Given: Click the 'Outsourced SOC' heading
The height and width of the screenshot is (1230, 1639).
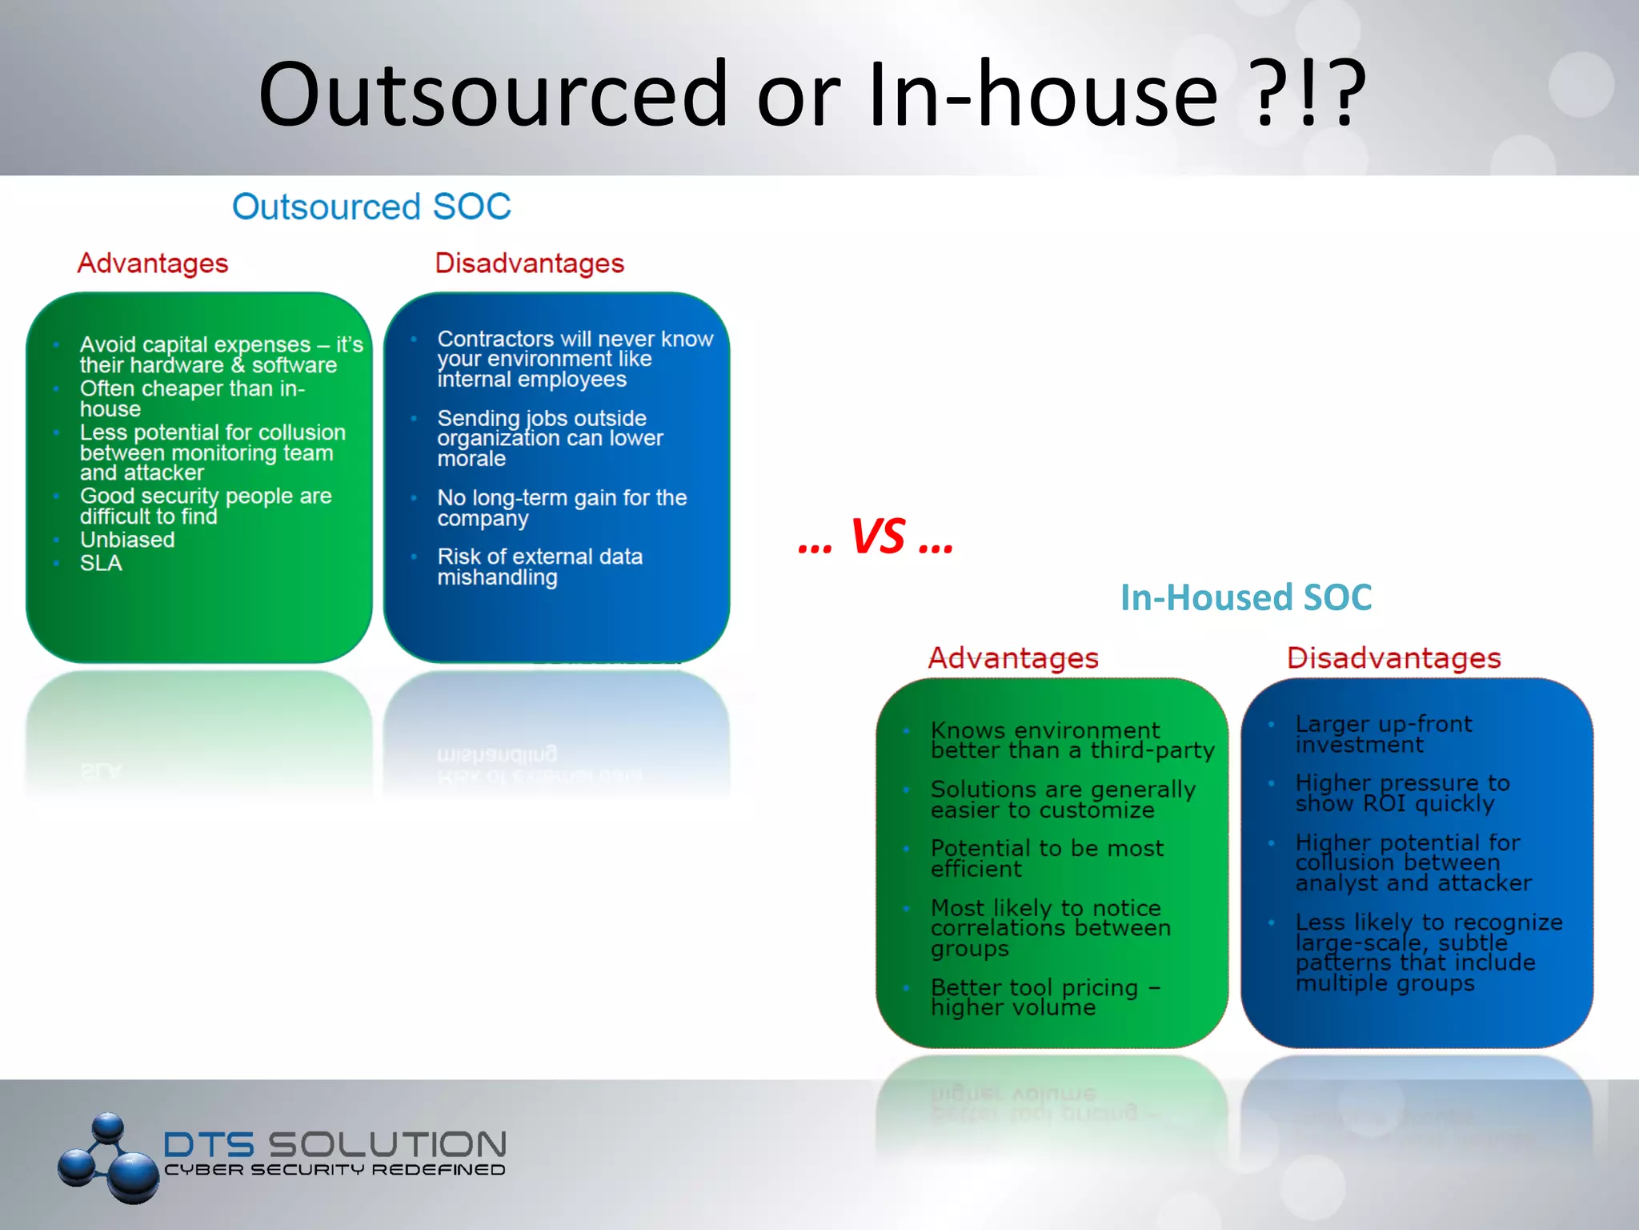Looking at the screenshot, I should pyautogui.click(x=371, y=207).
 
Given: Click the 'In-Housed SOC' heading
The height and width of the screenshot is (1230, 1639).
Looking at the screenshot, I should pyautogui.click(x=1245, y=597).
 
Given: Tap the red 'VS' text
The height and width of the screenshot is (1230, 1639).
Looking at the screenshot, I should pyautogui.click(x=878, y=537).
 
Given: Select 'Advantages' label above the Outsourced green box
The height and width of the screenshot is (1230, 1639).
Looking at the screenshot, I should pyautogui.click(x=152, y=263).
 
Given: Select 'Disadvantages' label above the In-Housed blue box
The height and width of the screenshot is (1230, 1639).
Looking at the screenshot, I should pyautogui.click(x=1393, y=658).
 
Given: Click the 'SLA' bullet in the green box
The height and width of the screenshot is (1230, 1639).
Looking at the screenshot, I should pyautogui.click(x=101, y=564).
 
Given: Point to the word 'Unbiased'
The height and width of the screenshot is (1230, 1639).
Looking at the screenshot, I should pyautogui.click(x=127, y=540).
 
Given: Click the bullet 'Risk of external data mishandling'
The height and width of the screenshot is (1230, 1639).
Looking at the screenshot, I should pyautogui.click(x=539, y=567).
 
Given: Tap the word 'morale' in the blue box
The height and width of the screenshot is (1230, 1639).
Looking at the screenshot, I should pyautogui.click(x=471, y=459).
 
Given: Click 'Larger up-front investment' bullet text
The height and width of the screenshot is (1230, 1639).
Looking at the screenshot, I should pyautogui.click(x=1383, y=734).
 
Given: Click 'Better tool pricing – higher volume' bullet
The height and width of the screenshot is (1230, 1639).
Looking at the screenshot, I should pyautogui.click(x=1044, y=997).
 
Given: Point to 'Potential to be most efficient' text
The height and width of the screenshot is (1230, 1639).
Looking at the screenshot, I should pyautogui.click(x=1046, y=858).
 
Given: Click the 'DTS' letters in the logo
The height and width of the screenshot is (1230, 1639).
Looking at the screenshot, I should pyautogui.click(x=209, y=1145).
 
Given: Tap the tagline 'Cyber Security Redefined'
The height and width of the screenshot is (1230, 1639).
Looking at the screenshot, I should pyautogui.click(x=335, y=1170).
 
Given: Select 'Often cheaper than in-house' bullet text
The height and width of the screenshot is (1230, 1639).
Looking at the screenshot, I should pyautogui.click(x=192, y=399).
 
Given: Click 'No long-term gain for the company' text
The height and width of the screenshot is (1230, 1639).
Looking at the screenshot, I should pyautogui.click(x=561, y=508).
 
